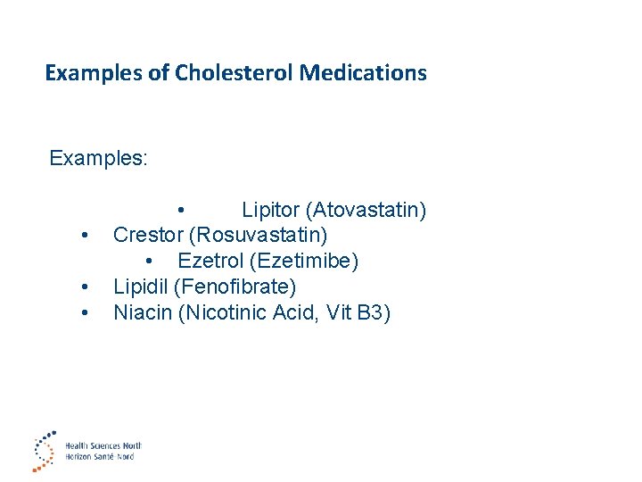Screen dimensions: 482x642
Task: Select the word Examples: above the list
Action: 99,158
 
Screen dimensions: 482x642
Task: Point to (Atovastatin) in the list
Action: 366,210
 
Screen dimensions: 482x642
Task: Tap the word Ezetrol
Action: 210,261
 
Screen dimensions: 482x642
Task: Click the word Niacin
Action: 143,312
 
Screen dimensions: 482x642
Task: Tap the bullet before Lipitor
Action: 181,211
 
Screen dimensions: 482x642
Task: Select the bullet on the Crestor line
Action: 83,237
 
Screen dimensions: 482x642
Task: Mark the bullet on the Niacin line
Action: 83,313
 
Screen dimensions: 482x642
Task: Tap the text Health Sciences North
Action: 103,445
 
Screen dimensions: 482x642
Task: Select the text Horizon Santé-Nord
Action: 99,456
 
